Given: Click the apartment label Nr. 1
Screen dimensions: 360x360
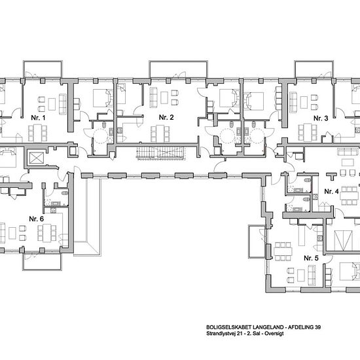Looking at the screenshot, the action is pos(38,118).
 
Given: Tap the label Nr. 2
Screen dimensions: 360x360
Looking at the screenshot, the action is pos(166,118).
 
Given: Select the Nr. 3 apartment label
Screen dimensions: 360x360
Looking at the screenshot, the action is pos(321,118).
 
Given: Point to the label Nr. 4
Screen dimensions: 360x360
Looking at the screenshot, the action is pos(332,192).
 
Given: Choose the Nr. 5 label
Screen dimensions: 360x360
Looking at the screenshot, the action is pos(311,259).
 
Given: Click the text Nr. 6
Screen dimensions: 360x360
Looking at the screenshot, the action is pos(36,219).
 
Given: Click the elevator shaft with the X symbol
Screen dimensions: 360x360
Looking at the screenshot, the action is pos(37,158).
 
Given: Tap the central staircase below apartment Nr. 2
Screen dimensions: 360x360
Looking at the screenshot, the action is pos(160,153).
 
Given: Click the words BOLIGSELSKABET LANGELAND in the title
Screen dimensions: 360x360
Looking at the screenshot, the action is pos(245,327).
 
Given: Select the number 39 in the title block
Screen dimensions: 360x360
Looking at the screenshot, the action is pos(317,327).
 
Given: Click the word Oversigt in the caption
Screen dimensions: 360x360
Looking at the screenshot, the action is pos(274,334).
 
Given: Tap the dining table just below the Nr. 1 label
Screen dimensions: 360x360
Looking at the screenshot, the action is pos(38,133).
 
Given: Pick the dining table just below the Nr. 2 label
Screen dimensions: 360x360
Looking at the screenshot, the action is pos(160,134).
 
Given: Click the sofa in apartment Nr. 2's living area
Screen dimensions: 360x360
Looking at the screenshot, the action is pos(153,98).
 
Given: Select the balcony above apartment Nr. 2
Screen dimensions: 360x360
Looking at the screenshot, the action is pos(179,69).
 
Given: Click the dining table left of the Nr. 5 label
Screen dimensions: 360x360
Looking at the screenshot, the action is pos(283,251).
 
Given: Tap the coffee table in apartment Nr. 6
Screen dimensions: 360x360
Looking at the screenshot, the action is pos(12,233).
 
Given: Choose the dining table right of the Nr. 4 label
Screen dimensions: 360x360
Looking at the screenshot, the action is pos(350,196).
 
